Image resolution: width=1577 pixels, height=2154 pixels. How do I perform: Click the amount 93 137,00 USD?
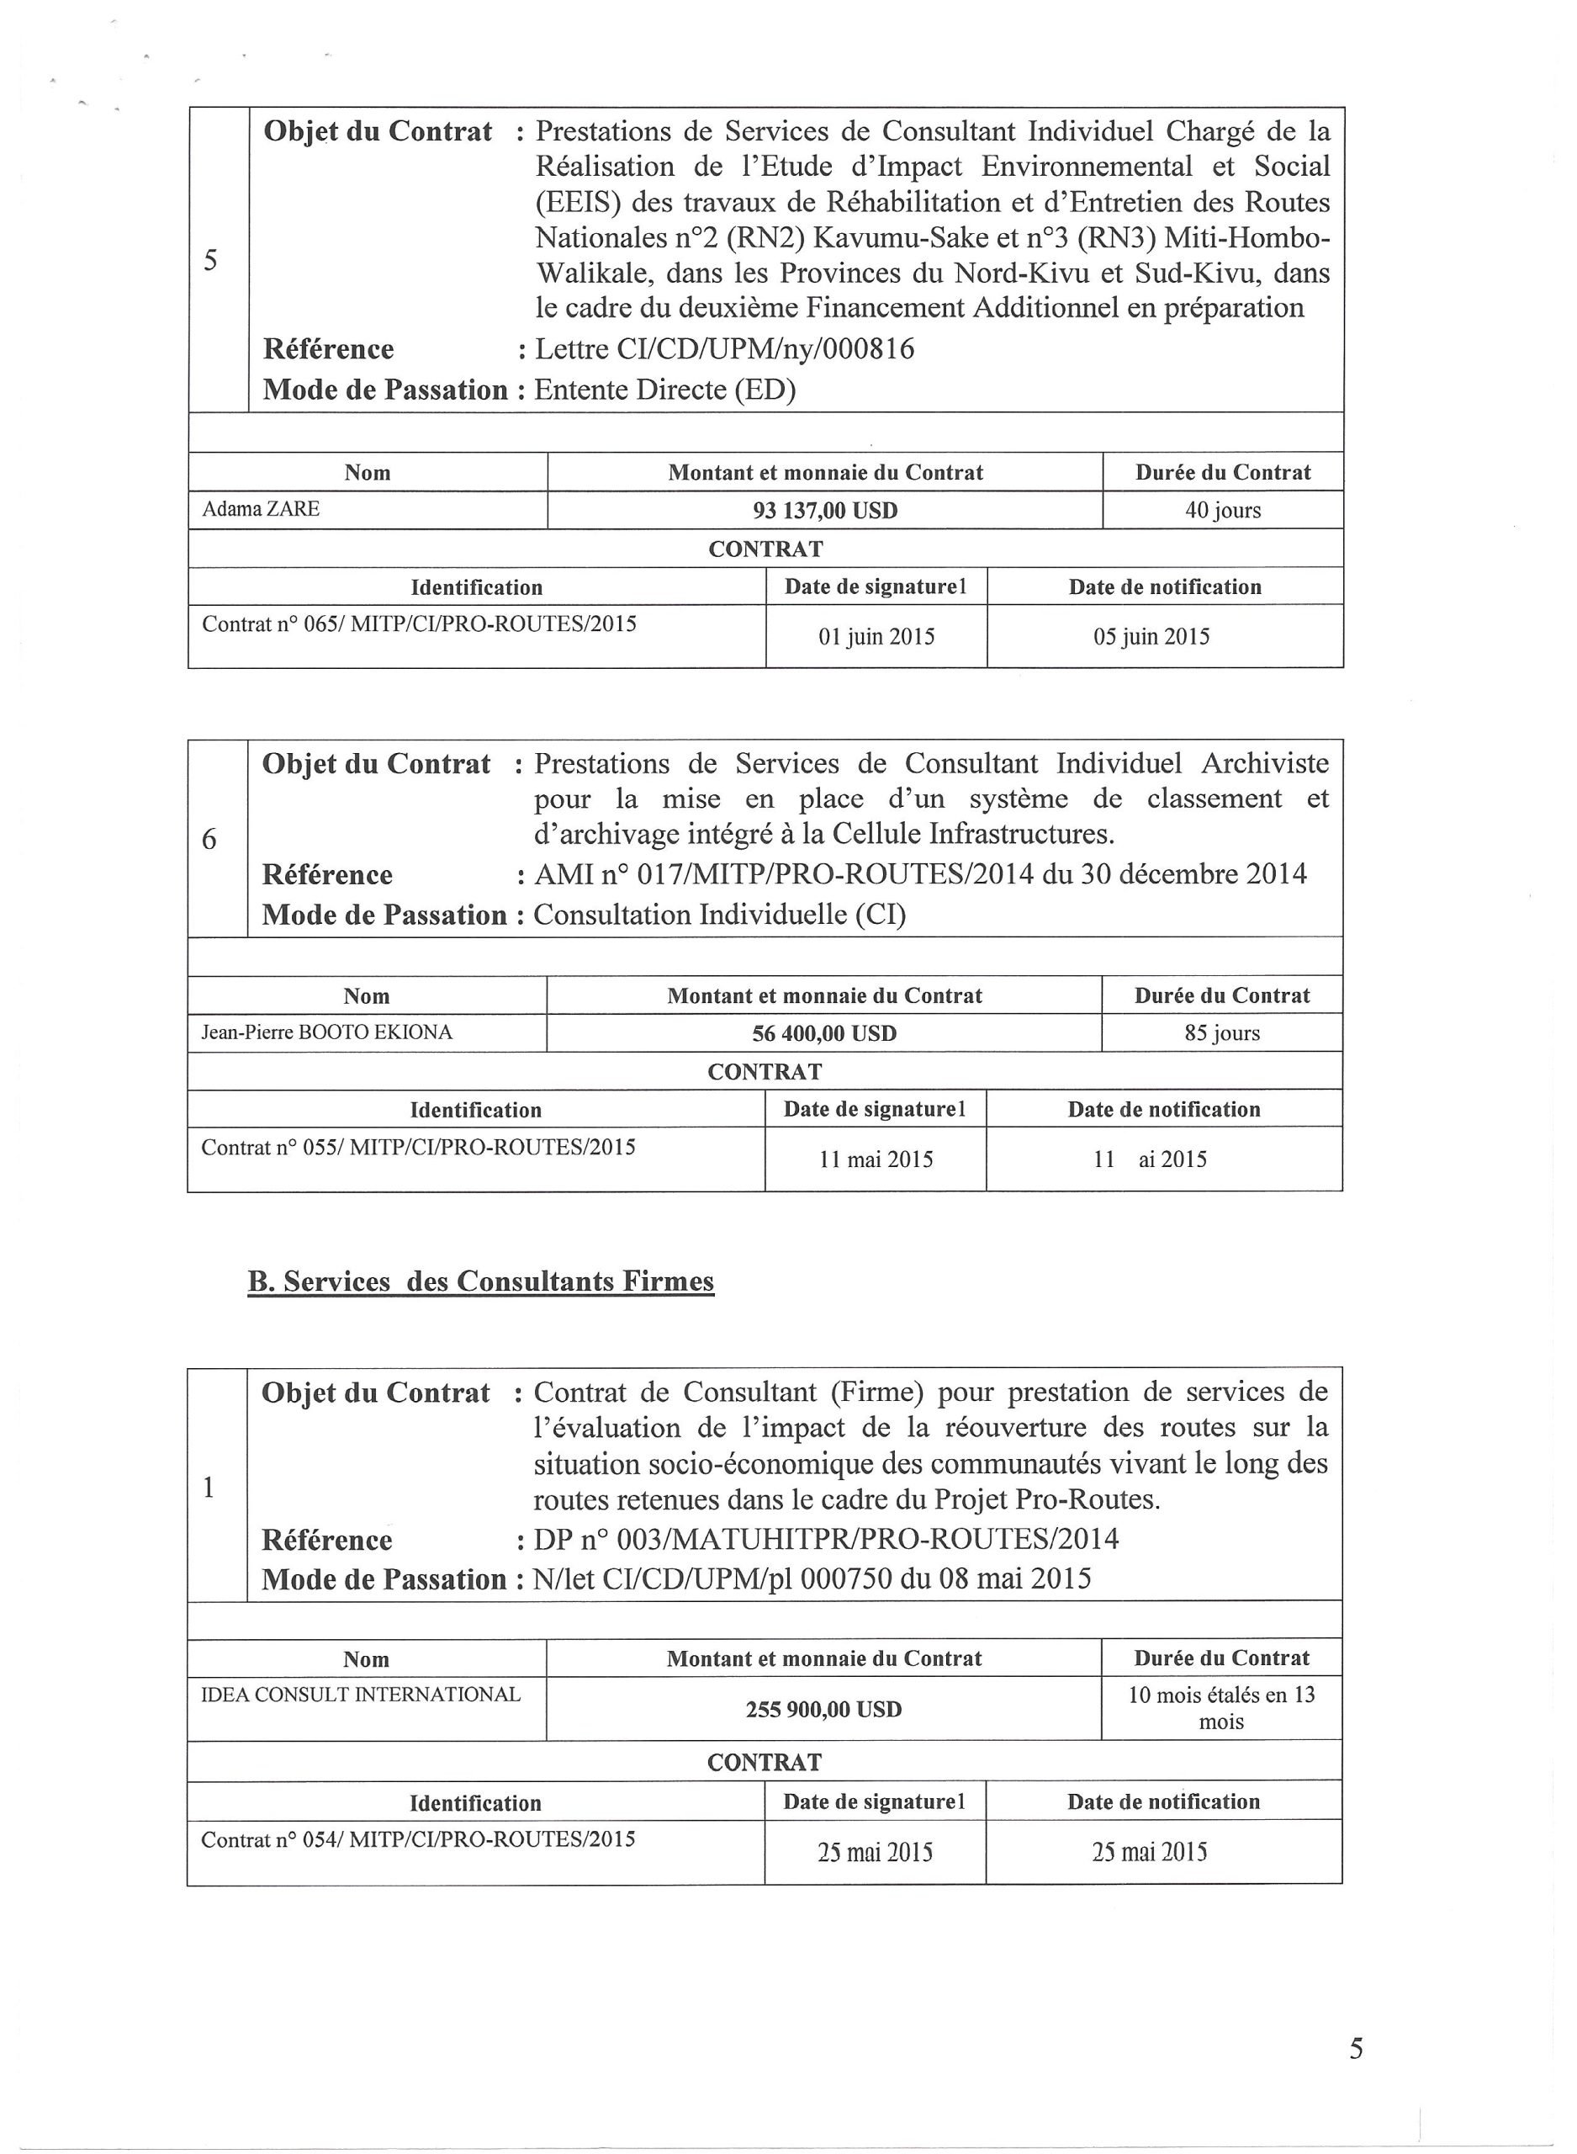coord(825,511)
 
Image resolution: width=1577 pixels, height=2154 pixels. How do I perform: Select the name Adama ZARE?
coord(261,509)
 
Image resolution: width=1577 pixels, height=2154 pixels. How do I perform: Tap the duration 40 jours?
coord(1222,511)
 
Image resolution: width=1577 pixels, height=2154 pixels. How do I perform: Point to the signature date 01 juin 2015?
coord(876,637)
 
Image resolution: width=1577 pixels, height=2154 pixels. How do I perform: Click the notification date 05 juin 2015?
coord(1151,637)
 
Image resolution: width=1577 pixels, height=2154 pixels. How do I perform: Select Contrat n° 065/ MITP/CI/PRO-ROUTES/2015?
coord(419,624)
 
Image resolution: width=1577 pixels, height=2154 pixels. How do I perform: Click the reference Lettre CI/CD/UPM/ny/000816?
coord(723,349)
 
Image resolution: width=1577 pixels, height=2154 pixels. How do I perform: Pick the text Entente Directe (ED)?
coord(664,390)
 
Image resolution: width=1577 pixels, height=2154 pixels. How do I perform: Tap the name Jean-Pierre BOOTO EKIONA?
coord(326,1032)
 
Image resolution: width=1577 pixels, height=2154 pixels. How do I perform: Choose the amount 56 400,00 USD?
coord(823,1034)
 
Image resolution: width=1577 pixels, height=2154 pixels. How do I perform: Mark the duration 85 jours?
coord(1221,1033)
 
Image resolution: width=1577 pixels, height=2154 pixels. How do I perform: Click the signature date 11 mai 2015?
coord(876,1160)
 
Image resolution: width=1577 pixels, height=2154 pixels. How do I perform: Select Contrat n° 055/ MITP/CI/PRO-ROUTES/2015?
coord(418,1148)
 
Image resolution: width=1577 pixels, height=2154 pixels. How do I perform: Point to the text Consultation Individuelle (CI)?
coord(719,915)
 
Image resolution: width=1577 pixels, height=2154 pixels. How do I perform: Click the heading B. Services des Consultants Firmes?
coord(480,1281)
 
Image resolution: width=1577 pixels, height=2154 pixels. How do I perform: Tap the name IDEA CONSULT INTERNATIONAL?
coord(361,1695)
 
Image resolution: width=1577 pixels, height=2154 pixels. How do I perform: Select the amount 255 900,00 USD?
coord(823,1709)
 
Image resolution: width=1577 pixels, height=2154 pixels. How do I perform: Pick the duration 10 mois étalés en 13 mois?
coord(1221,1708)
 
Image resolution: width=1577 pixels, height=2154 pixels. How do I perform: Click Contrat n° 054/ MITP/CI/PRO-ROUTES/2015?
coord(418,1840)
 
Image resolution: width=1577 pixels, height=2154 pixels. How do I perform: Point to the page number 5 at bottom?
coord(1356,2049)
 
